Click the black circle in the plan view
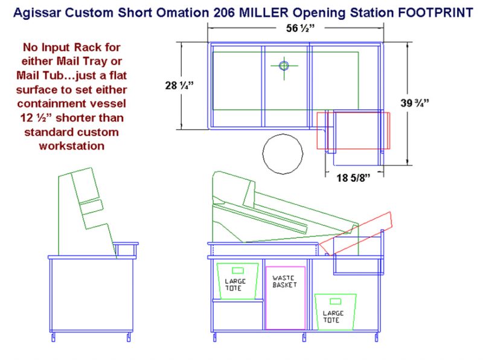click(283, 153)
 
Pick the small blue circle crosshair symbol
click(284, 65)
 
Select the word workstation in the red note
click(71, 145)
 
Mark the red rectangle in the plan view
click(354, 130)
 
